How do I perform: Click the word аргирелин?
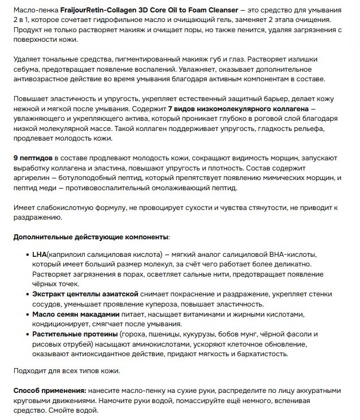coord(32,178)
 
